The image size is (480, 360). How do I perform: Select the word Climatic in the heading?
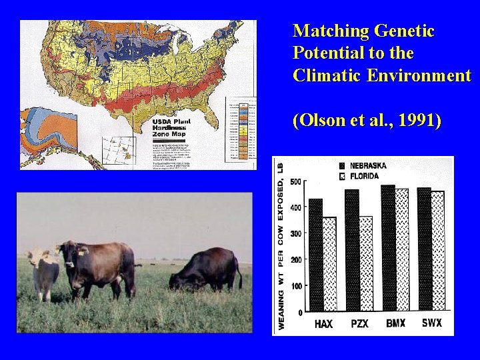323,75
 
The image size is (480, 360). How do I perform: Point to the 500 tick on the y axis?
295,181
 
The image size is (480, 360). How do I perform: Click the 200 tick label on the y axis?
295,259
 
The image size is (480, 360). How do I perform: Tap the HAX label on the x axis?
323,324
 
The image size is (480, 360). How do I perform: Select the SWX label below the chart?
431,323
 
